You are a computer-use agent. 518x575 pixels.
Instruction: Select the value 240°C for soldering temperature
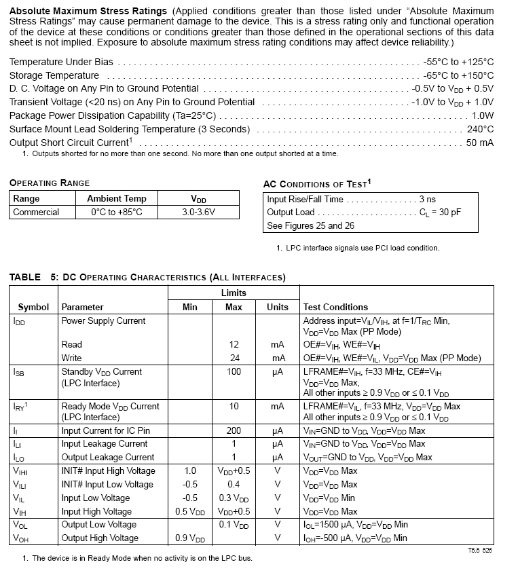[480, 129]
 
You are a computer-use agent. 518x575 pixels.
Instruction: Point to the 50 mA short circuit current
[479, 143]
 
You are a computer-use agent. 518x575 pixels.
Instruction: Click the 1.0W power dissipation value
[483, 115]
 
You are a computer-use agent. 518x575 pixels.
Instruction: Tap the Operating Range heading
[50, 183]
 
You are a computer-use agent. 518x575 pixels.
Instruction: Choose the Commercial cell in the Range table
[36, 212]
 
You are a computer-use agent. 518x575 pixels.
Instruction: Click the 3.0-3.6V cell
[198, 212]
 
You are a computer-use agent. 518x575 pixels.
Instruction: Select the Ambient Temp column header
[117, 198]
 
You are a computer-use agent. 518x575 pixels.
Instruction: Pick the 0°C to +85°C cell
[117, 212]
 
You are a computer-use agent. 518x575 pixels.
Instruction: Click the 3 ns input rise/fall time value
[427, 199]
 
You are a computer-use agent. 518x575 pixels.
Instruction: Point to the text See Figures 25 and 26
[311, 225]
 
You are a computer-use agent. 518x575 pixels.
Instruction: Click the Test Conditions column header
[335, 307]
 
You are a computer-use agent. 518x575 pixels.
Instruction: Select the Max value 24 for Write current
[234, 358]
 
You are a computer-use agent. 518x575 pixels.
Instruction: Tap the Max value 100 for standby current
[234, 371]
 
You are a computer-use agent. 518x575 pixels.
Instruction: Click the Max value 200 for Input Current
[234, 430]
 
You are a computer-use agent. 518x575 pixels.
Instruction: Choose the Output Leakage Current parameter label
[108, 457]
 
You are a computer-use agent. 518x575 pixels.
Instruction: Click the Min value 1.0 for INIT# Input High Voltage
[190, 470]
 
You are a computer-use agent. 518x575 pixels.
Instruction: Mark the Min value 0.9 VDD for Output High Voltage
[190, 538]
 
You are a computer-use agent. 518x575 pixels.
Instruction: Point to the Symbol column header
[33, 307]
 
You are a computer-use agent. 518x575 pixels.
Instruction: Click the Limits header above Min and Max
[234, 293]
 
